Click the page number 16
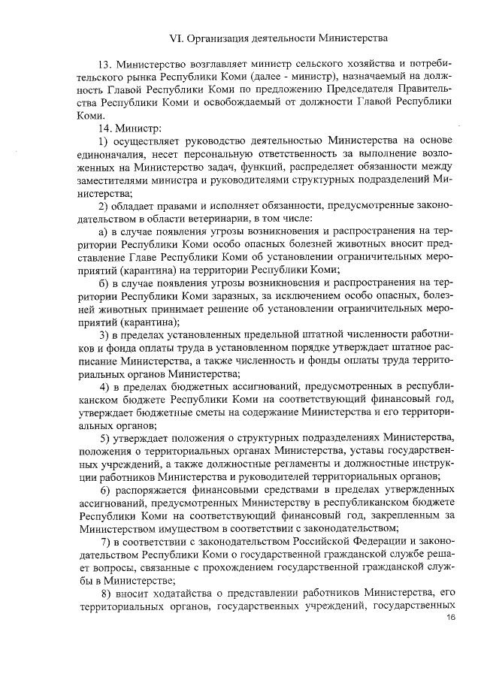click(x=451, y=618)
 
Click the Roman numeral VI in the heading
click(x=178, y=36)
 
